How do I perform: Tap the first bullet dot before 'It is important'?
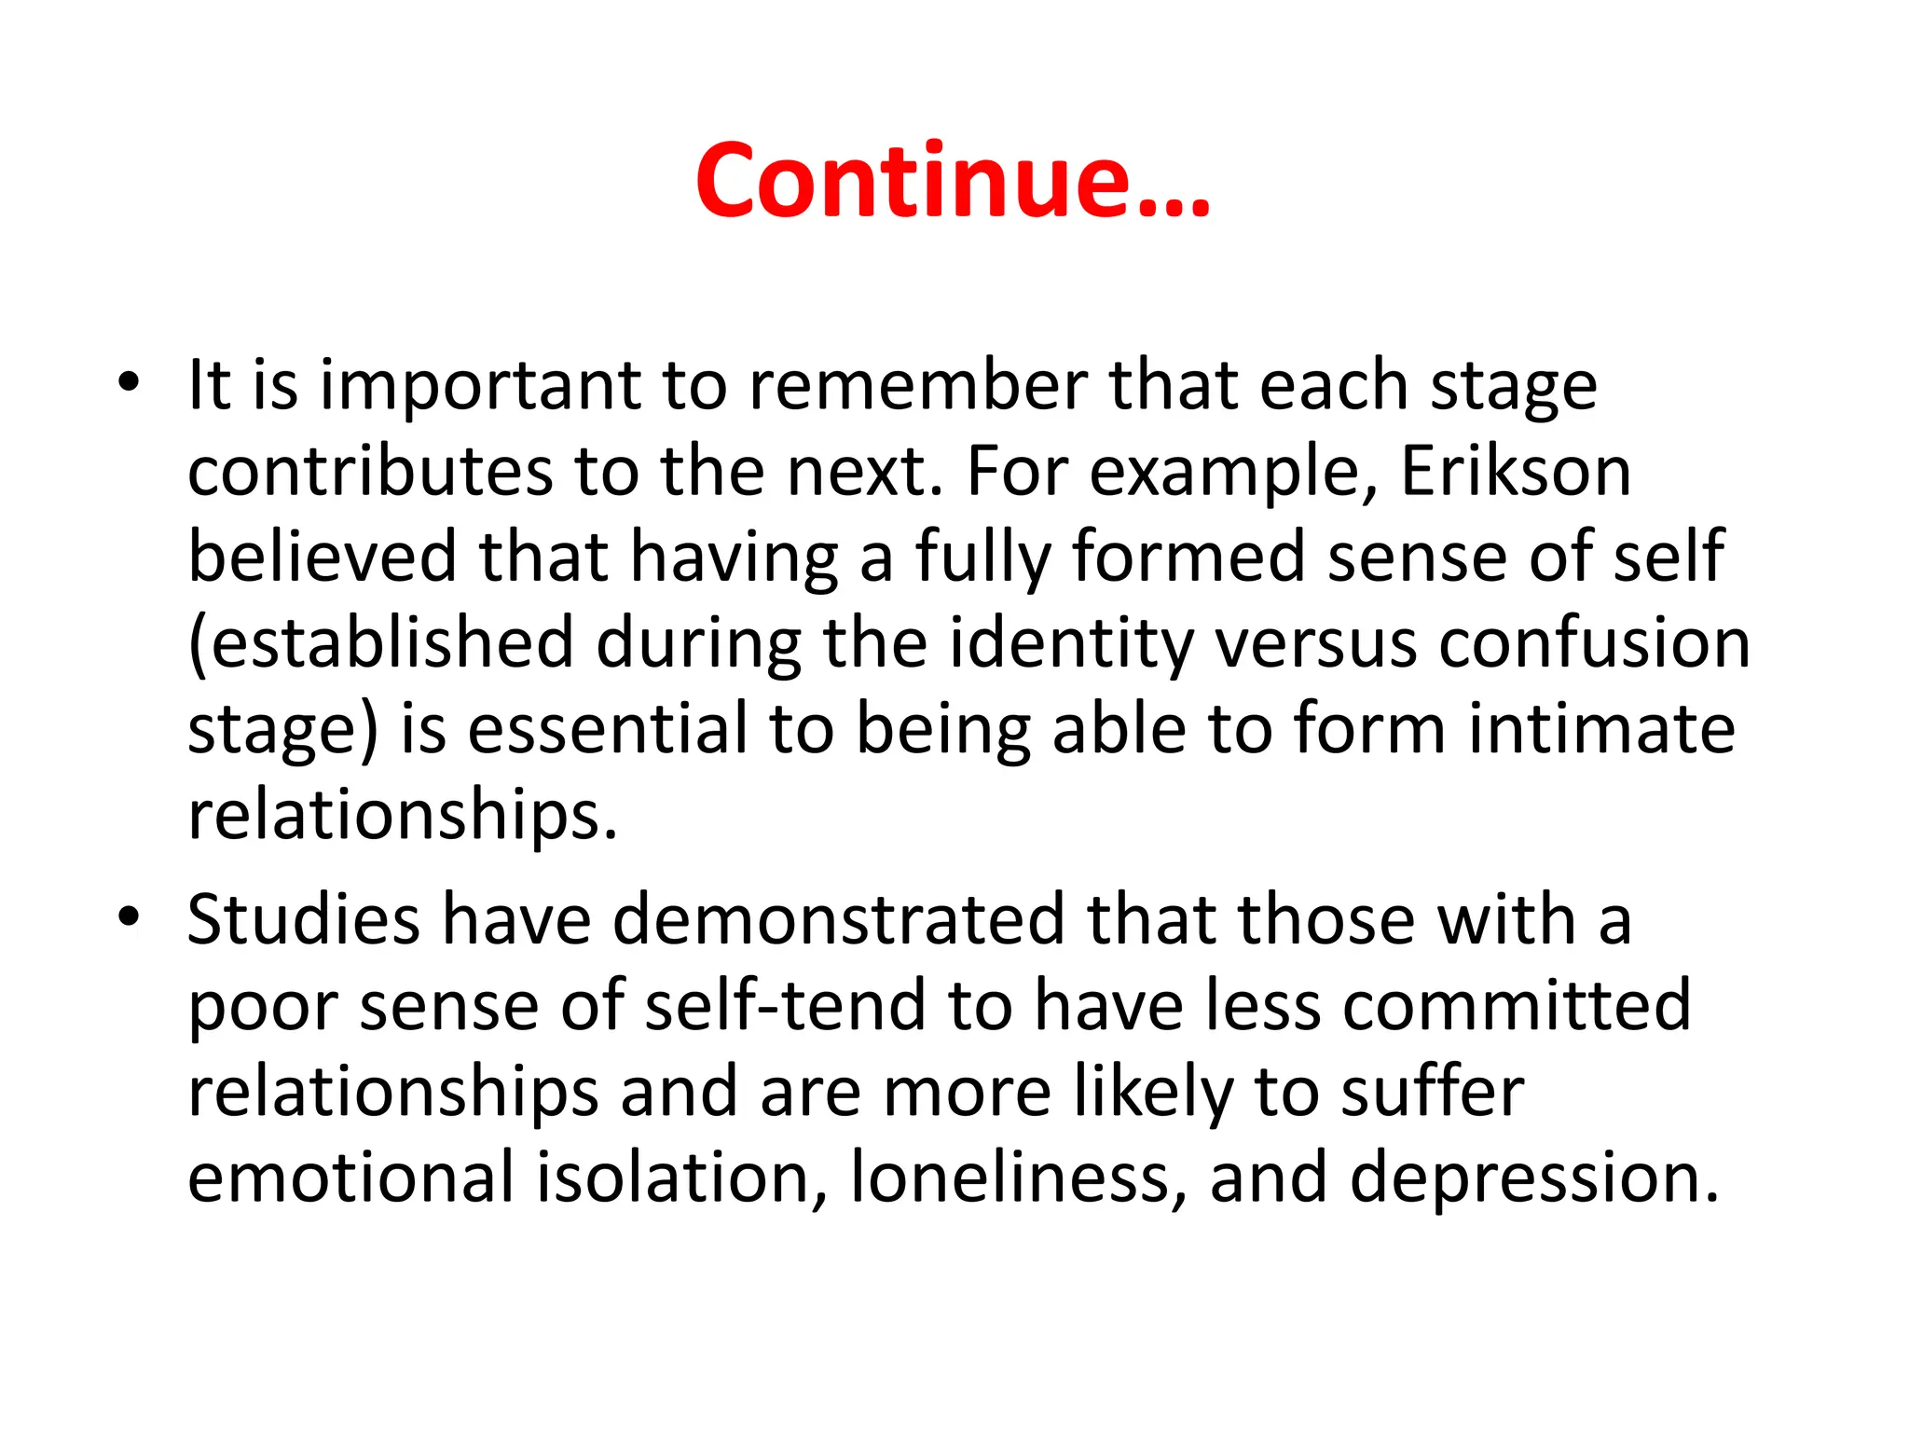[x=129, y=381]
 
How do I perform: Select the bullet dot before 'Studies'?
[x=129, y=916]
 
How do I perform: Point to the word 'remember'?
[x=918, y=385]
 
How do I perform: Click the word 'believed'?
[x=323, y=557]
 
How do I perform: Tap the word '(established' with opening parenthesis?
[x=380, y=643]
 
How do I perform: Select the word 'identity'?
[x=1072, y=643]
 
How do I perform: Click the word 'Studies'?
[x=304, y=920]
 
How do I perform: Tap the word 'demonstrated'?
[x=838, y=920]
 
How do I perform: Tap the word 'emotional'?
[x=350, y=1177]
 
